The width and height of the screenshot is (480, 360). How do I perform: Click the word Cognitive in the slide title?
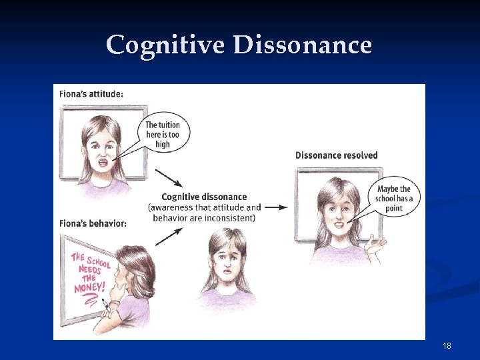click(167, 45)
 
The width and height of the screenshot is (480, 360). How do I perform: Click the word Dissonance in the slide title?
click(303, 45)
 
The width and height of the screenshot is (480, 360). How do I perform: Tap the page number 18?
click(447, 346)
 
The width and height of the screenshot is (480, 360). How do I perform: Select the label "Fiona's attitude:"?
click(92, 94)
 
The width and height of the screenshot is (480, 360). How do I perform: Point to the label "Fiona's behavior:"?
click(93, 223)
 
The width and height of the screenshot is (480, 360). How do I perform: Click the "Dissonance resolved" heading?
click(336, 155)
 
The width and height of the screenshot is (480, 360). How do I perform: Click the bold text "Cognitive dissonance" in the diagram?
click(204, 197)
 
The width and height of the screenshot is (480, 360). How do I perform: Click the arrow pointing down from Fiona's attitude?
click(168, 178)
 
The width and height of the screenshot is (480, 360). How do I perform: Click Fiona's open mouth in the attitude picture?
click(103, 162)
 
